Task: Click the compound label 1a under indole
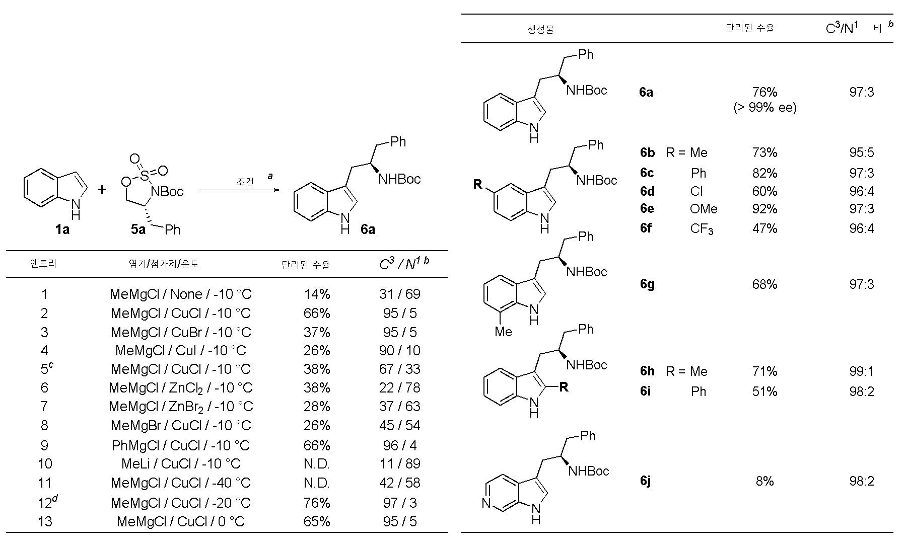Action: (x=62, y=230)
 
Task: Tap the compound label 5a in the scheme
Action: (x=138, y=230)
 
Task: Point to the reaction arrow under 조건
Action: (x=238, y=190)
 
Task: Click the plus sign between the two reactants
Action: (x=102, y=190)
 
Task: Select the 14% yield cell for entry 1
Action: (x=317, y=294)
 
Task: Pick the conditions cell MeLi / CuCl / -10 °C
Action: (x=181, y=463)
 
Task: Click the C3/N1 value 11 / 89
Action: (x=399, y=463)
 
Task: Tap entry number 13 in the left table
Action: (x=45, y=521)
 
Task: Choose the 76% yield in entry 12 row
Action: (x=317, y=503)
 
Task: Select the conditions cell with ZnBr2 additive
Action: (x=181, y=407)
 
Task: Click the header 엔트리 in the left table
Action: (x=43, y=264)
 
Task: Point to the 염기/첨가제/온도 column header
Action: (x=164, y=264)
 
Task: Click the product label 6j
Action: (x=645, y=482)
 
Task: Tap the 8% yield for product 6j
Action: (x=764, y=481)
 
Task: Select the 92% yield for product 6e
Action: (x=764, y=209)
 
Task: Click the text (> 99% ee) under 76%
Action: (x=764, y=108)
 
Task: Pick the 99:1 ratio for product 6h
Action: (x=862, y=371)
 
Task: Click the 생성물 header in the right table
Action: (x=540, y=29)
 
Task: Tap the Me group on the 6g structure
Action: (x=503, y=332)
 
